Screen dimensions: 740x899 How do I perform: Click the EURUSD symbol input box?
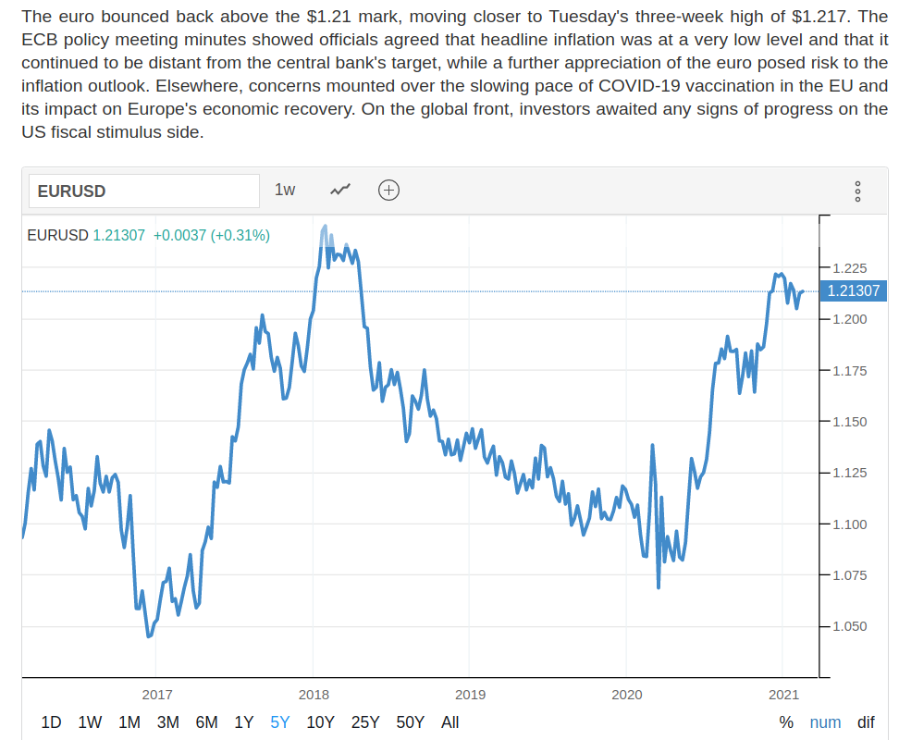[143, 191]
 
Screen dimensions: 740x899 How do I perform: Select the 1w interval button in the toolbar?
[285, 190]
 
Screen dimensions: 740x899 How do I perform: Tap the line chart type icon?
[340, 190]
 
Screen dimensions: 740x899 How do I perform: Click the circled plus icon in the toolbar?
[388, 190]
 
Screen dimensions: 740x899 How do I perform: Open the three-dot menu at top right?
[857, 191]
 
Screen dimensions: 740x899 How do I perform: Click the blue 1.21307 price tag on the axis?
[853, 291]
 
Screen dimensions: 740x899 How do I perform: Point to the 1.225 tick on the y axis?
[850, 268]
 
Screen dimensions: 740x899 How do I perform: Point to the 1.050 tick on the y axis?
[850, 626]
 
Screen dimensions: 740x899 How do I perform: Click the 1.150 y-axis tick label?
[850, 422]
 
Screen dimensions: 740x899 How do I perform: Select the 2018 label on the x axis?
[314, 694]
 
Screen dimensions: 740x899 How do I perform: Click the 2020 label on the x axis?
[626, 694]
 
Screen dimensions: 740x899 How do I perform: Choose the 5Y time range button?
[280, 722]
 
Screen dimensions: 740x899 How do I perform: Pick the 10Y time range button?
[320, 722]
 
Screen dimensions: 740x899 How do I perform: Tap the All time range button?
[449, 722]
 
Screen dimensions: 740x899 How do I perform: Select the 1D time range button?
[52, 722]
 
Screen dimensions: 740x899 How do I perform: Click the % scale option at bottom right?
[786, 722]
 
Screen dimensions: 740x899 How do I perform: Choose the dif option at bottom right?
[866, 722]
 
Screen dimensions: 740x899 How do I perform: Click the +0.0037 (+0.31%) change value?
[211, 236]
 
